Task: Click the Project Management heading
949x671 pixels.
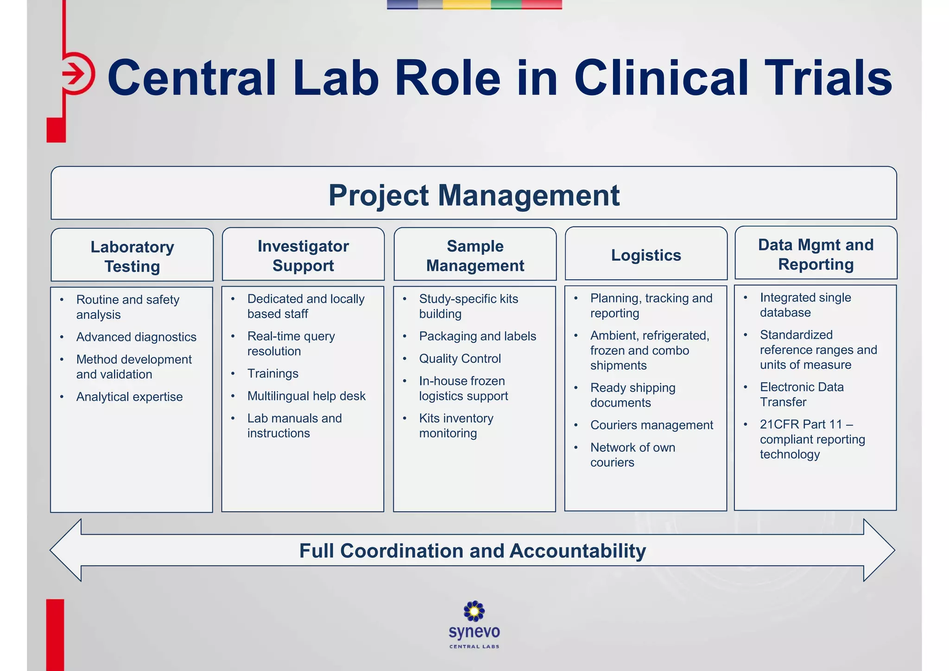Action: click(x=474, y=195)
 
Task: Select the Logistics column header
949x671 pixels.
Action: click(x=646, y=255)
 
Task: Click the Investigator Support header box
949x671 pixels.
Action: click(x=303, y=255)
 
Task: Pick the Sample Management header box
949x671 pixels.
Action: click(x=475, y=255)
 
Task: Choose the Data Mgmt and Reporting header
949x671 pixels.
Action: click(x=816, y=254)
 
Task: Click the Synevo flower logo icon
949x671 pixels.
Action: click(x=474, y=611)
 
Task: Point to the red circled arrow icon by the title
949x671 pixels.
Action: click(x=76, y=74)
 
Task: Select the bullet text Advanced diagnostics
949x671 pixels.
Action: click(x=136, y=337)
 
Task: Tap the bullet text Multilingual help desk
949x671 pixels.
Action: click(x=306, y=396)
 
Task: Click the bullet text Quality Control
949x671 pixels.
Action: click(x=460, y=359)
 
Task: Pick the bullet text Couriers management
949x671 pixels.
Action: click(x=652, y=425)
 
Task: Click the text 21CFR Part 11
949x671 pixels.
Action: click(x=801, y=424)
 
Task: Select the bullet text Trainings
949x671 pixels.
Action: click(x=273, y=373)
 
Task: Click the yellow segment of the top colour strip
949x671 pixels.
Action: click(x=466, y=4)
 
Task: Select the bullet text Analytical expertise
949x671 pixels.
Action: click(x=129, y=397)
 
